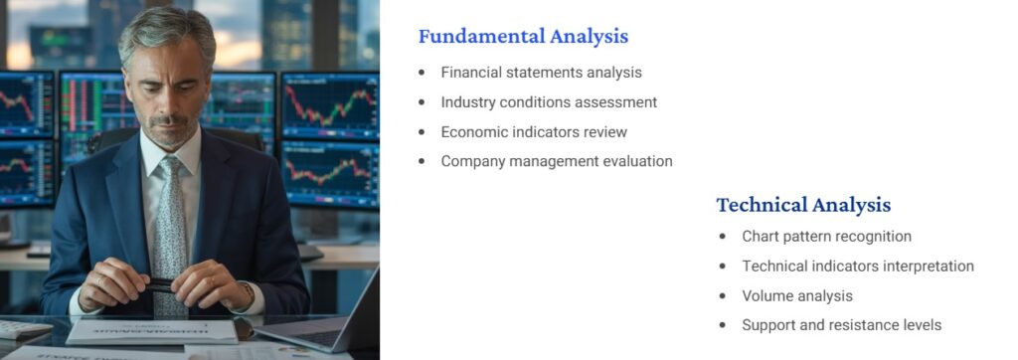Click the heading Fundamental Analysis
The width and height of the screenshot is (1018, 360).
[523, 37]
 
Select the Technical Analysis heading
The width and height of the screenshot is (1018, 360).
[803, 206]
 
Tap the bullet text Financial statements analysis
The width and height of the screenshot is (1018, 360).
[541, 73]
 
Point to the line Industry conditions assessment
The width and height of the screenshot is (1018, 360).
[549, 102]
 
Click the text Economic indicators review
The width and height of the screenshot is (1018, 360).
[534, 132]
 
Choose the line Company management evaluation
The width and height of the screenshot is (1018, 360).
[557, 161]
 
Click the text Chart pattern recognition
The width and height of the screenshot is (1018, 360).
[826, 237]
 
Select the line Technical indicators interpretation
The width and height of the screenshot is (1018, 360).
[857, 267]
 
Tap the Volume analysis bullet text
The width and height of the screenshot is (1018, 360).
[796, 296]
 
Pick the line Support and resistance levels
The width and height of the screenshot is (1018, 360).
[841, 325]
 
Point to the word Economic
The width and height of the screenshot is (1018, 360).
[473, 132]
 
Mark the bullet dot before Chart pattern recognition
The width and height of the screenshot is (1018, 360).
[723, 237]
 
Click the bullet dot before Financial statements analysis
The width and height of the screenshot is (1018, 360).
[422, 73]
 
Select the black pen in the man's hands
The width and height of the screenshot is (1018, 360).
[159, 285]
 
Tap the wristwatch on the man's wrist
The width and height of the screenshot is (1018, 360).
[245, 294]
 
